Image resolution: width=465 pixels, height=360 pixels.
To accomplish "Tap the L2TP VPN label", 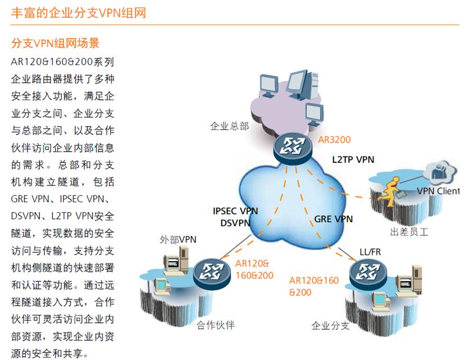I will point(353,160).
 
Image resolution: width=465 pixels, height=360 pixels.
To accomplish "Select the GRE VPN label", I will point(333,219).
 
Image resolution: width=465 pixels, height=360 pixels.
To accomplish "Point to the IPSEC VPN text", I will point(235,211).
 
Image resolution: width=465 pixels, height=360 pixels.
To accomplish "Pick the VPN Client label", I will point(437,191).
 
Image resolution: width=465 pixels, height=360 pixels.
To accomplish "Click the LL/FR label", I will point(370,252).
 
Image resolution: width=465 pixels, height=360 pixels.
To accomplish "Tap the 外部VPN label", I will point(179,240).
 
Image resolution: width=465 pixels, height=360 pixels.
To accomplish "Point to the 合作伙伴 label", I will point(216,325).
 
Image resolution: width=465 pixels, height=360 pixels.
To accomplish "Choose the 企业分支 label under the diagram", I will point(331,326).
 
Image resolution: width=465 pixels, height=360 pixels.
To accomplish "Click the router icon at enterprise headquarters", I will point(293,147).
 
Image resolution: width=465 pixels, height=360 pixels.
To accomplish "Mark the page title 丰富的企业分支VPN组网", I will point(79,12).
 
